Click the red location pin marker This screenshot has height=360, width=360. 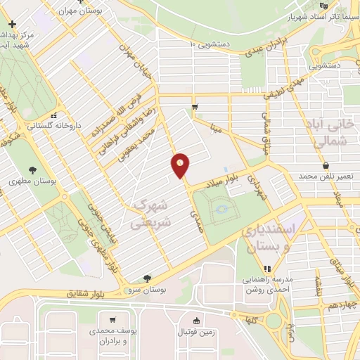click(181, 165)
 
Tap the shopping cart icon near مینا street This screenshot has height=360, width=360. click(195, 107)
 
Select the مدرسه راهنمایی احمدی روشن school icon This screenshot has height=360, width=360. click(266, 268)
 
